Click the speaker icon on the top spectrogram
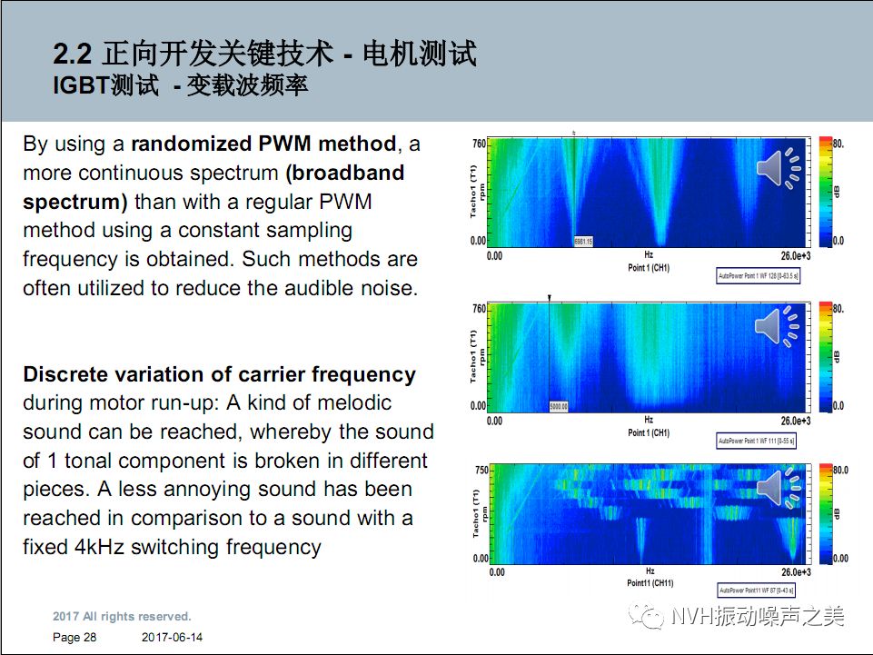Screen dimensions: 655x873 pos(779,169)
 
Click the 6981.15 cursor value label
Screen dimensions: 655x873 pos(583,242)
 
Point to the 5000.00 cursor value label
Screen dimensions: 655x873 pos(559,406)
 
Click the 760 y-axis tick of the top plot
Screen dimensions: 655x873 pos(480,144)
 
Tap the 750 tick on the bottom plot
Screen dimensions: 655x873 pos(481,471)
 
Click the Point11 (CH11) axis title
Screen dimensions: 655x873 pos(650,581)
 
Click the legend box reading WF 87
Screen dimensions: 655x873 pos(756,591)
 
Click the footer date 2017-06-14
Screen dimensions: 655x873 pos(173,638)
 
